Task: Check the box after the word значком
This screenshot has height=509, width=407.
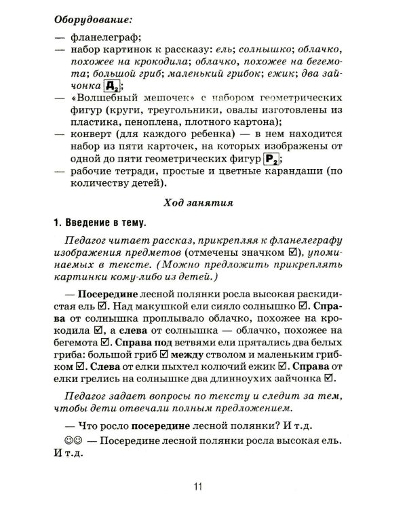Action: coord(294,257)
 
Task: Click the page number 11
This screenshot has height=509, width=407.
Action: coord(199,486)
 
